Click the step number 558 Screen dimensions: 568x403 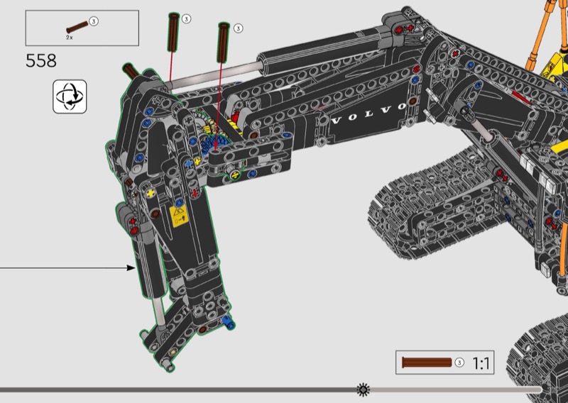[41, 61]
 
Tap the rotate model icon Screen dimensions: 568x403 [70, 96]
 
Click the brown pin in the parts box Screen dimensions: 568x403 [77, 27]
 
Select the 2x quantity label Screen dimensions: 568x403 [69, 38]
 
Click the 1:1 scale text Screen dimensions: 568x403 [481, 363]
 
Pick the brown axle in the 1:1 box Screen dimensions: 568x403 [427, 362]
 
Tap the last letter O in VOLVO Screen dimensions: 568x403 [402, 107]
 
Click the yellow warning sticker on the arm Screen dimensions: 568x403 [179, 216]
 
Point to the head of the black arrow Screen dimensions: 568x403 [131, 268]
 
